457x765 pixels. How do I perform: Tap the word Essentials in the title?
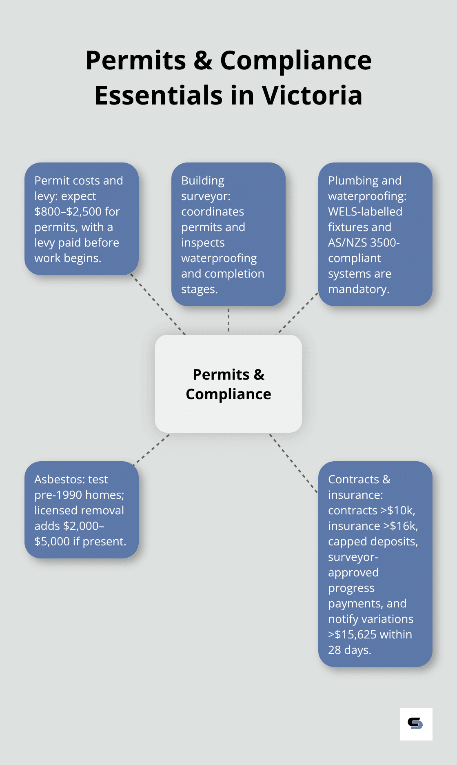(x=159, y=96)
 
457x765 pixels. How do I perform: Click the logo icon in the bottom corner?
(x=416, y=724)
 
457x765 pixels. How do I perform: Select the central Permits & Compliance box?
(x=228, y=384)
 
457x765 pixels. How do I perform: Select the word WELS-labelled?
(x=365, y=211)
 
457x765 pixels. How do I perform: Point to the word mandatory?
(x=358, y=289)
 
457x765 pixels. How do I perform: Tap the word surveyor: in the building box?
(x=206, y=196)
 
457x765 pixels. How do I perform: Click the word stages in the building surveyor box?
(x=198, y=289)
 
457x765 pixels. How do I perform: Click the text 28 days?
(x=349, y=650)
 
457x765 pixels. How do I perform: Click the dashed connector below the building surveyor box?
(x=228, y=320)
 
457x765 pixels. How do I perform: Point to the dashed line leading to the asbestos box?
(x=152, y=448)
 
